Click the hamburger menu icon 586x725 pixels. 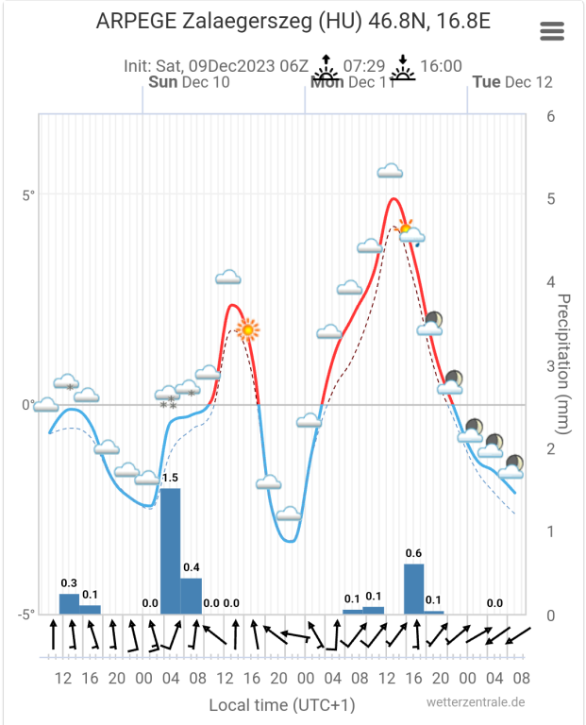point(552,30)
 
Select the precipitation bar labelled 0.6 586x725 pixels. point(413,588)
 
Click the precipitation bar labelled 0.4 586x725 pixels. point(191,596)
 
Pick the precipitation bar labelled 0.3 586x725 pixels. point(69,603)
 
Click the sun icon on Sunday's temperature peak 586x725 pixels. point(248,329)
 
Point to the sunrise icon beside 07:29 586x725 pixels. point(326,66)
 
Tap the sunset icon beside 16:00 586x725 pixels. point(404,66)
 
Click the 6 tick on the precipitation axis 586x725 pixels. point(550,116)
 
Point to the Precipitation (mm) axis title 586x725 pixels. point(563,363)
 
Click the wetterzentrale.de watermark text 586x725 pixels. point(475,702)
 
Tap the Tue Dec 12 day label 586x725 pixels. point(512,82)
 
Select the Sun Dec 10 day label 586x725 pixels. point(189,82)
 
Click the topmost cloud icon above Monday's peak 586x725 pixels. point(391,171)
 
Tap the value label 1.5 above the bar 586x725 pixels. point(170,478)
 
